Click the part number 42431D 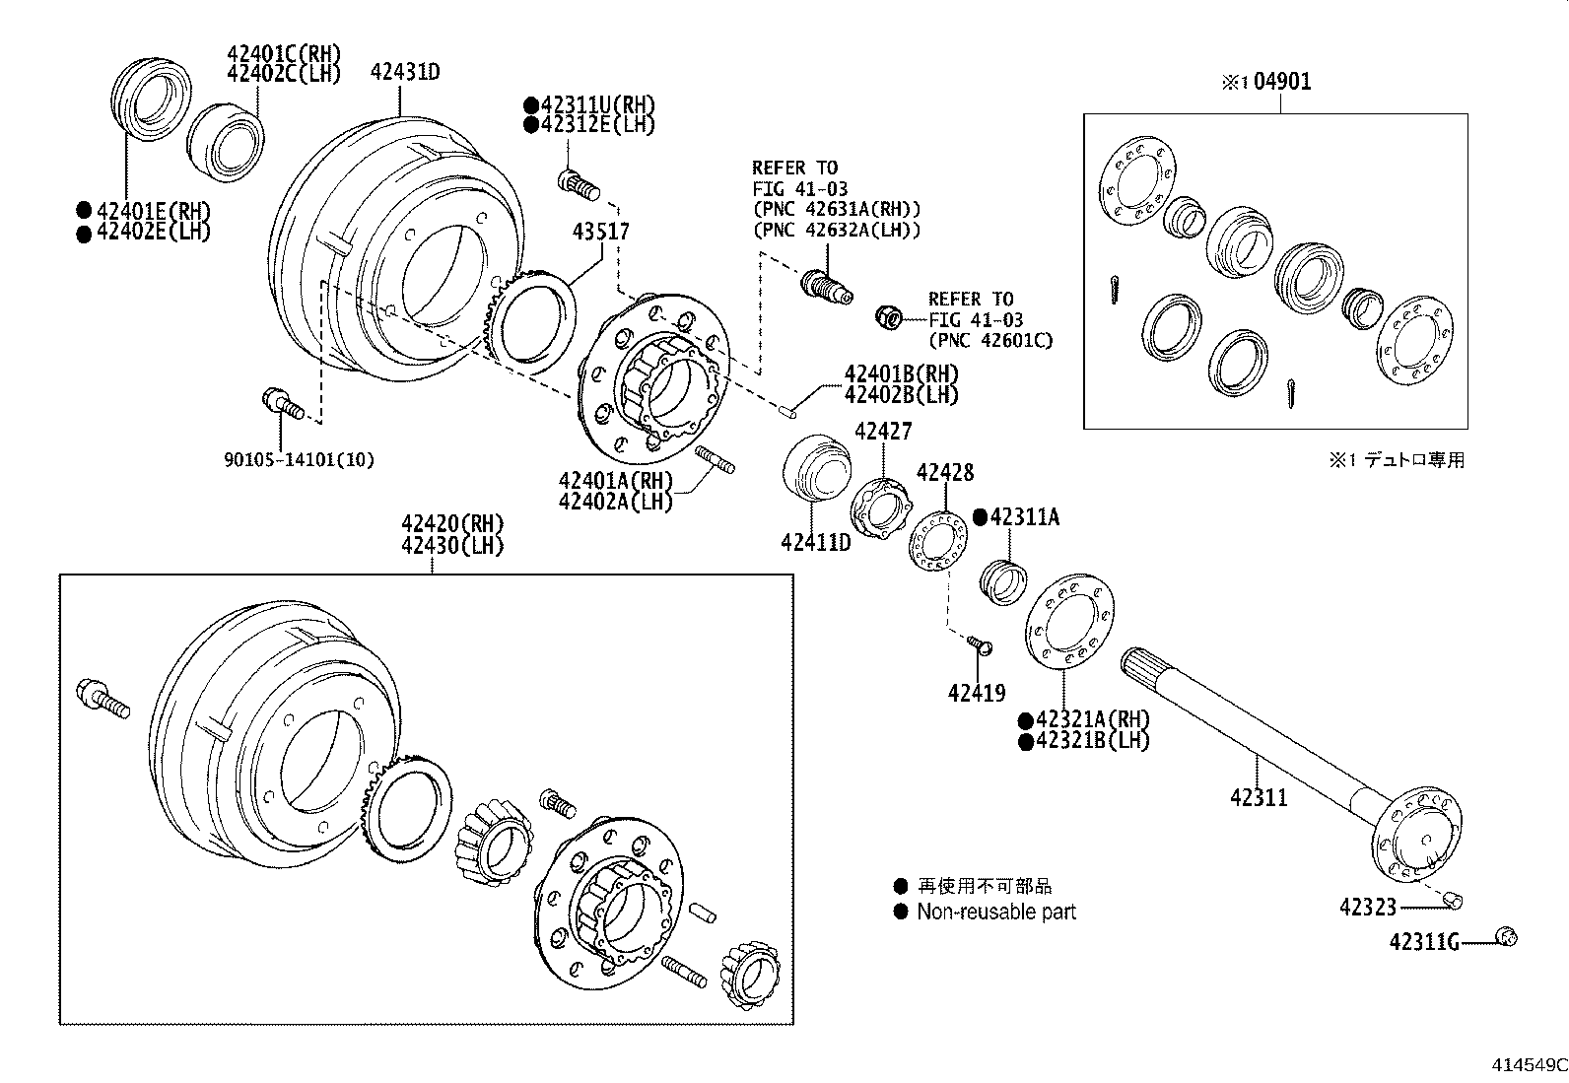click(404, 72)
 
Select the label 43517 click(601, 232)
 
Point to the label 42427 click(883, 432)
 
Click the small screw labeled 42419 click(980, 644)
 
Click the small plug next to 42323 click(1453, 901)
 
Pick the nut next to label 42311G click(1506, 937)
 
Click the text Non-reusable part click(995, 913)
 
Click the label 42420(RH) click(451, 523)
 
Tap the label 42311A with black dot click(1024, 517)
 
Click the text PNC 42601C click(989, 341)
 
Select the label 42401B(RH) click(901, 374)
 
